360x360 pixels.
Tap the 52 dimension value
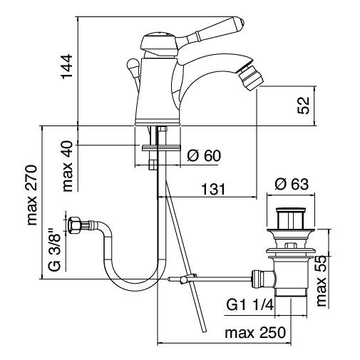tap(304, 105)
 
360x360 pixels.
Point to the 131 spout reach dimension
tap(211, 190)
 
